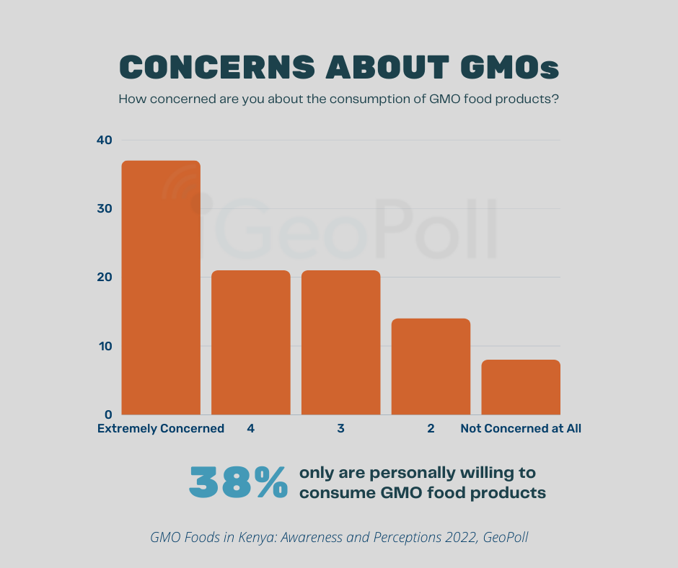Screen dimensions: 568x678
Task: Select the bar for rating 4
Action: tap(250, 342)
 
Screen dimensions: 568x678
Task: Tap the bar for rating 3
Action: tap(340, 342)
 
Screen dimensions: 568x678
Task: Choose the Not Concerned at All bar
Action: tap(521, 387)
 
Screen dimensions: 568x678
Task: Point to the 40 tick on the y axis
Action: tap(105, 140)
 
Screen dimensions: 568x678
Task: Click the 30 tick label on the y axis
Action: tap(105, 209)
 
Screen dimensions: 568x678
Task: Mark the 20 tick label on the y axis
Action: tap(105, 278)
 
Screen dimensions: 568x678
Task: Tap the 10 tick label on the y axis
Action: tap(105, 346)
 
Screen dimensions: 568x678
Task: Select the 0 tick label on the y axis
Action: tap(108, 414)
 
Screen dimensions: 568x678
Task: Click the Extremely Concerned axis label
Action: tap(161, 428)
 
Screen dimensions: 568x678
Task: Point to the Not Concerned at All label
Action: tap(521, 428)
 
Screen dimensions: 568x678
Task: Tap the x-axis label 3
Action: tap(340, 428)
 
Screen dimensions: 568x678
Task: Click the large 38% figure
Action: tap(238, 483)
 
